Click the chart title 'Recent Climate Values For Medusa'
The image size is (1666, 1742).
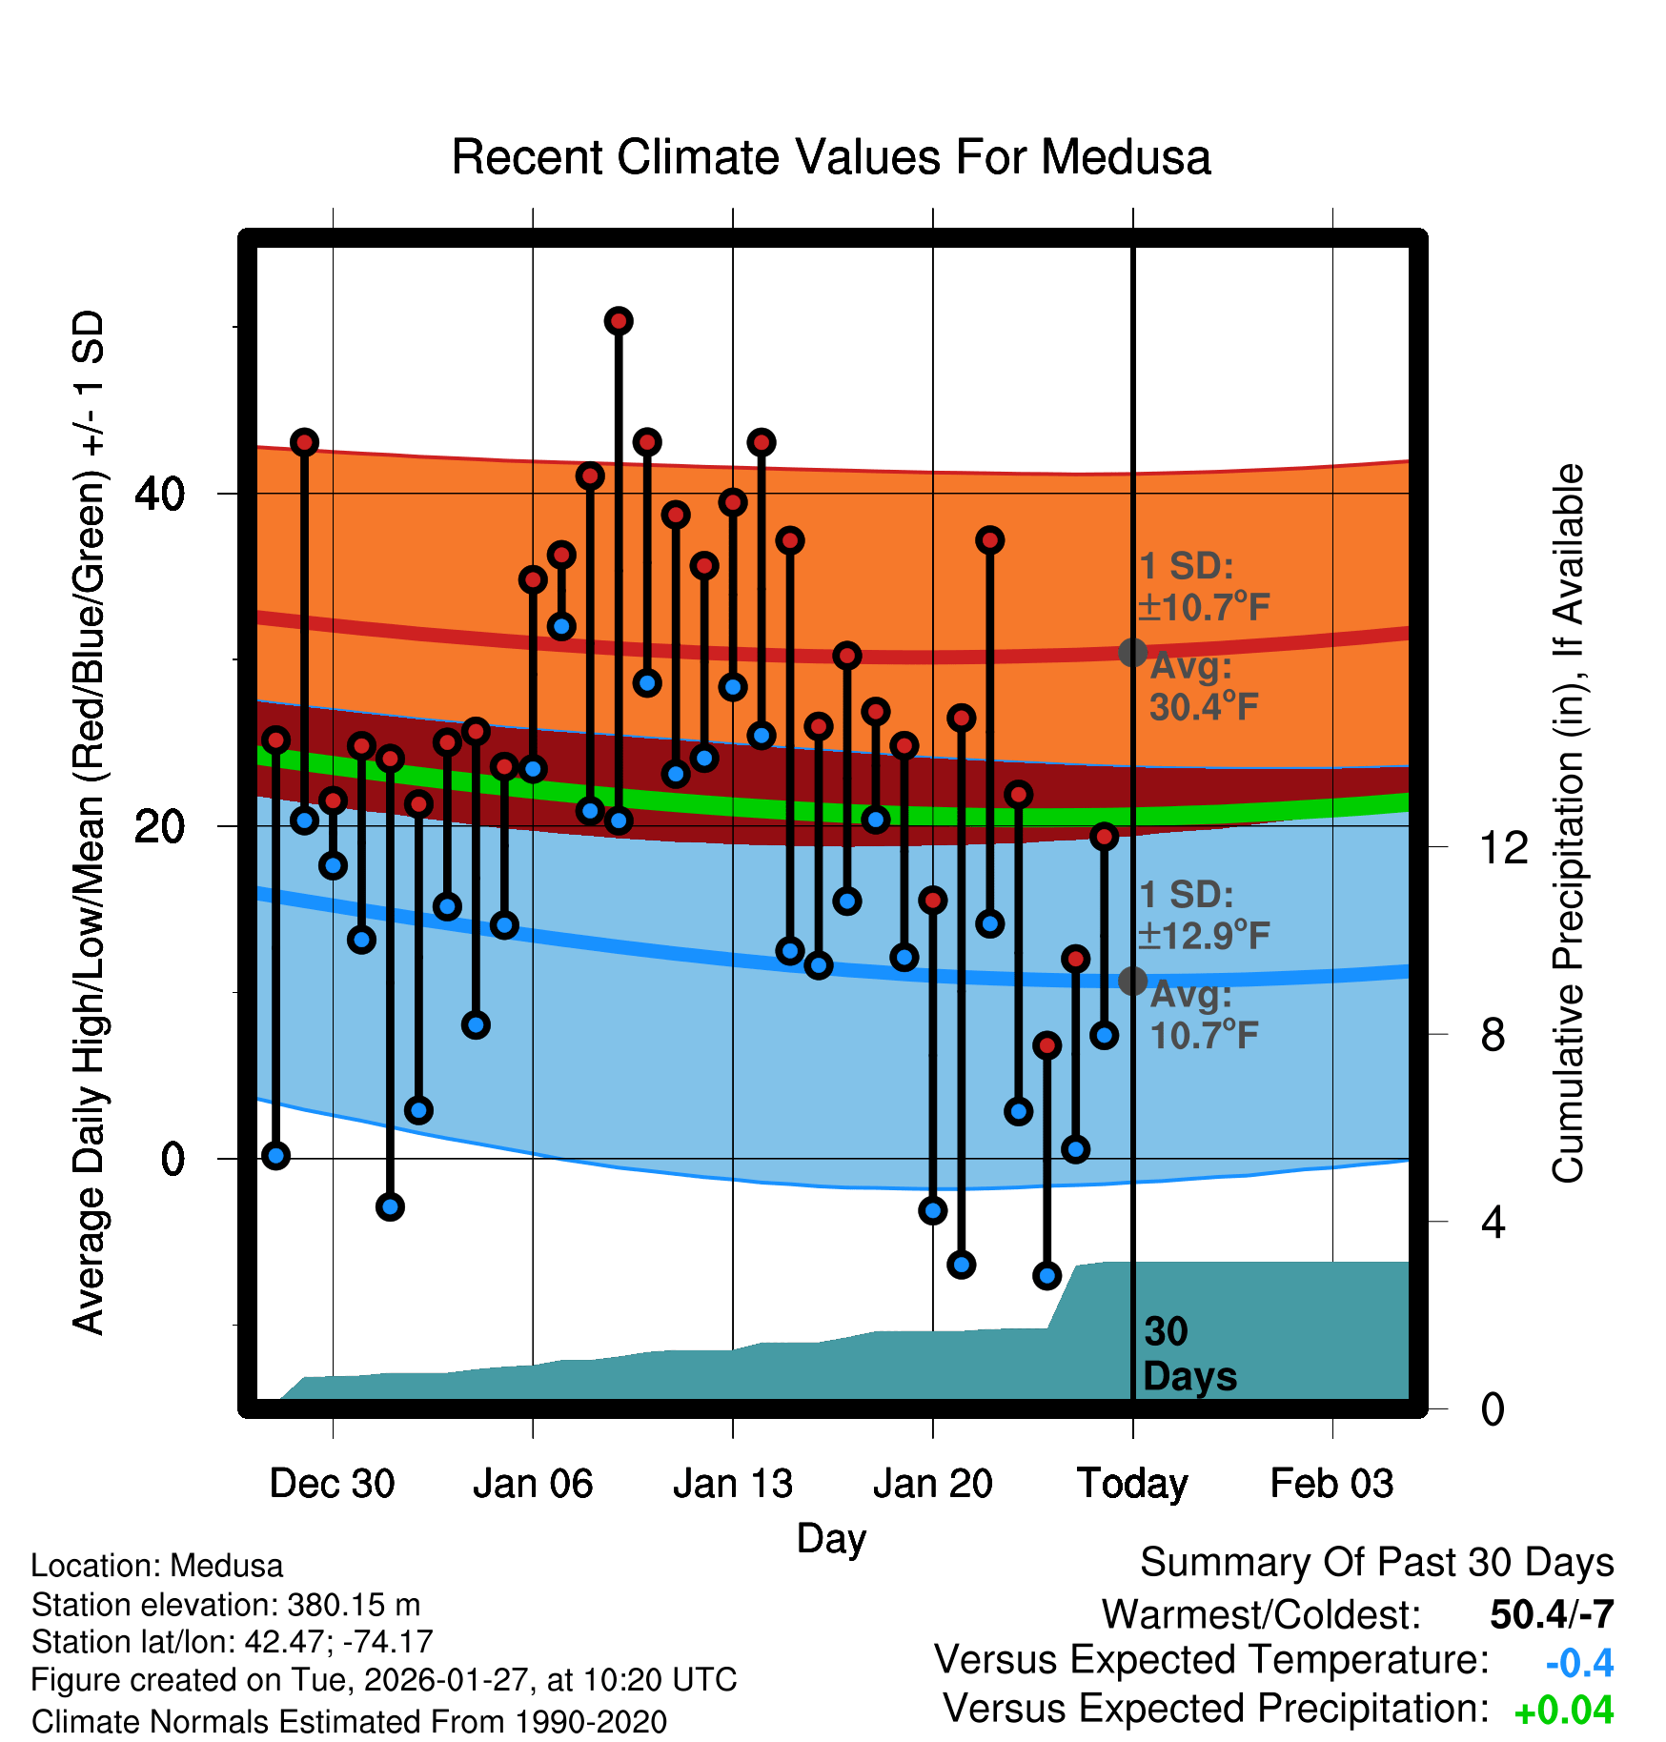tap(830, 157)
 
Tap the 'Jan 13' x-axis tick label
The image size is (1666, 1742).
tap(732, 1484)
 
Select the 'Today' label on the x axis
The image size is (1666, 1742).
tap(1132, 1484)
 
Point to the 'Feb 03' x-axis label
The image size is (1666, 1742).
tap(1331, 1484)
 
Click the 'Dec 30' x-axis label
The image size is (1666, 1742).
tap(332, 1484)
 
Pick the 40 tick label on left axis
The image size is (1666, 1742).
tap(160, 494)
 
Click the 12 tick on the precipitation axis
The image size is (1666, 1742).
tap(1504, 847)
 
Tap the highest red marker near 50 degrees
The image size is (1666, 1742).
tap(619, 321)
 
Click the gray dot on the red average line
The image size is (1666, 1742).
tap(1132, 653)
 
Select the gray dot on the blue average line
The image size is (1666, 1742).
tap(1132, 981)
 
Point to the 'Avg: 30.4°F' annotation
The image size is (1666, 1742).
tap(1204, 687)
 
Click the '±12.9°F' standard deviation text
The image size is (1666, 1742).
tap(1205, 936)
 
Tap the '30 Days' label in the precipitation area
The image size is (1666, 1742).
tap(1189, 1354)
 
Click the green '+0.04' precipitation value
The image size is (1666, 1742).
tap(1564, 1711)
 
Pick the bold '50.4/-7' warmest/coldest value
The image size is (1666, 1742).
tap(1552, 1614)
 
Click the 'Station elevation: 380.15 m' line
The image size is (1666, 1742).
tap(226, 1605)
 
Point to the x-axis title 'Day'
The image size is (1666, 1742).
tap(831, 1538)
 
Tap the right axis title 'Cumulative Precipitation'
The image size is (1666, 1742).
tap(1568, 823)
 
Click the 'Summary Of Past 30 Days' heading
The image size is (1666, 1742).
tap(1376, 1563)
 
